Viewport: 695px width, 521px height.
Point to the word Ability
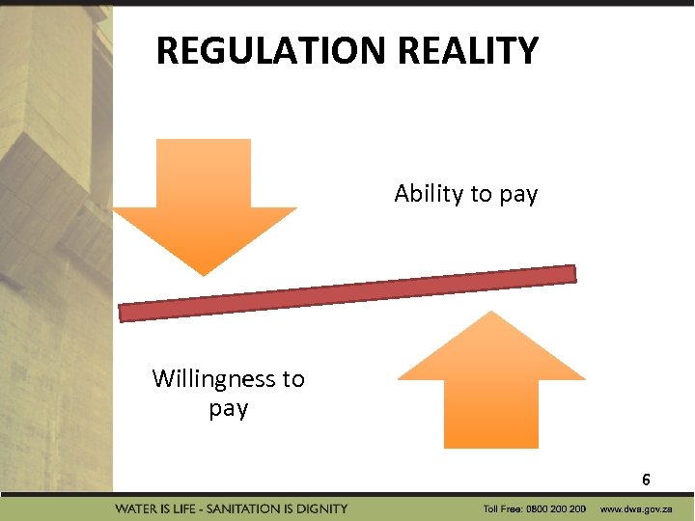click(x=429, y=194)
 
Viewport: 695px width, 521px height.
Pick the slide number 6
click(x=646, y=480)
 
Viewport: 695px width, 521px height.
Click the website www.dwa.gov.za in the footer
click(x=636, y=508)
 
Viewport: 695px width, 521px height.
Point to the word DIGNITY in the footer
click(x=324, y=508)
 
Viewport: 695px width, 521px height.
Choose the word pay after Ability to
click(x=518, y=194)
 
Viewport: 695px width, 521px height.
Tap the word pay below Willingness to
click(x=229, y=409)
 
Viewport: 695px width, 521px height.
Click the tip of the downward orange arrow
click(x=204, y=273)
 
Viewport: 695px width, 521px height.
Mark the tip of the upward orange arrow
click(x=491, y=314)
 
